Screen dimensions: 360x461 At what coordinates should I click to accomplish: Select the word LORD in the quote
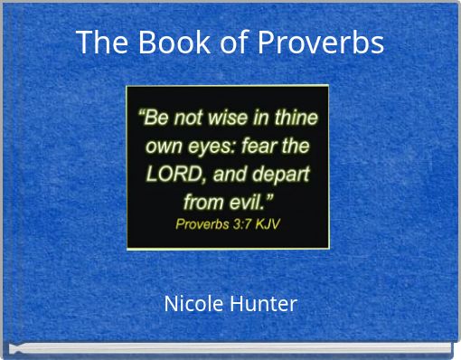click(168, 173)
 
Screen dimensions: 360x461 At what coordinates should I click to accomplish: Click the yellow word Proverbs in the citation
click(201, 223)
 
